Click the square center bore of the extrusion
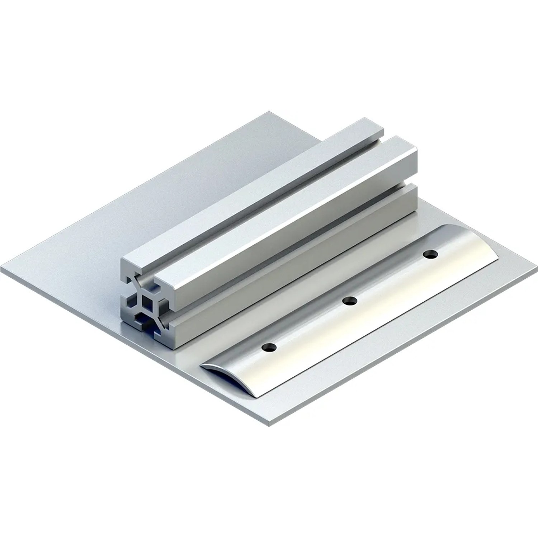pos(146,301)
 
